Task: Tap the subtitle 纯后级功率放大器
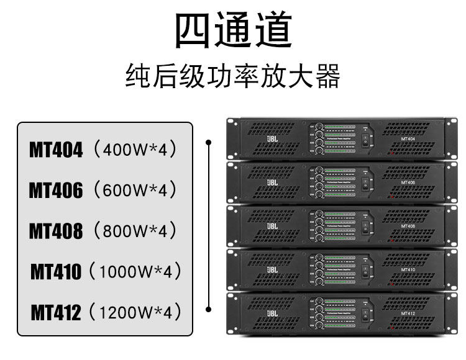(x=233, y=78)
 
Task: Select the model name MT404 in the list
(x=56, y=150)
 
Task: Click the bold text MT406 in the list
(x=56, y=191)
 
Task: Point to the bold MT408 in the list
(x=56, y=231)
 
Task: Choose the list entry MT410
(x=56, y=271)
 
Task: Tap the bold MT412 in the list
(x=56, y=312)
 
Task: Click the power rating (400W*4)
(x=134, y=150)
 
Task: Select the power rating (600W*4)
(x=134, y=191)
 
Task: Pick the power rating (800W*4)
(x=134, y=231)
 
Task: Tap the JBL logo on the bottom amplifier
(x=272, y=313)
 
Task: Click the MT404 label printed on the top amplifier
(x=408, y=138)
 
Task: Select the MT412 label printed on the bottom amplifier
(x=408, y=313)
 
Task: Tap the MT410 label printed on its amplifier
(x=408, y=270)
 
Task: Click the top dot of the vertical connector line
(x=210, y=142)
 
